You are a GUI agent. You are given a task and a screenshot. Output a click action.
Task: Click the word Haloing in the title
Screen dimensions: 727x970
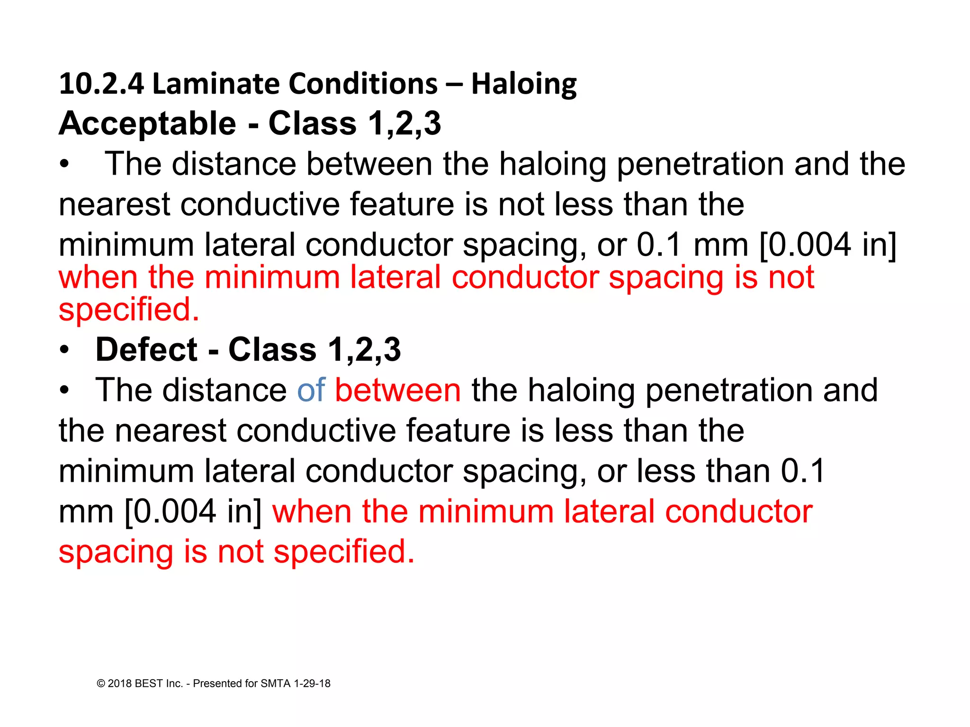point(524,84)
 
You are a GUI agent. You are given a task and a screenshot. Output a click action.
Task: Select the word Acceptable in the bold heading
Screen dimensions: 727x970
point(147,124)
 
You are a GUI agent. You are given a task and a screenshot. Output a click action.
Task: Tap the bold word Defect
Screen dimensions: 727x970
point(146,350)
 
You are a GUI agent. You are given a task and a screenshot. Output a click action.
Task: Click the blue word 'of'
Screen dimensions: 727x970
point(311,390)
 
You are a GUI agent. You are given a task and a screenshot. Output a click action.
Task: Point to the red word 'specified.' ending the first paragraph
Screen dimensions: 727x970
point(129,310)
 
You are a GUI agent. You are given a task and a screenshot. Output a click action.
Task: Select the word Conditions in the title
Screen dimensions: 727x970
point(363,84)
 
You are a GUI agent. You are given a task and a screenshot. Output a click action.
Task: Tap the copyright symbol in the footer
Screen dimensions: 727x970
point(101,683)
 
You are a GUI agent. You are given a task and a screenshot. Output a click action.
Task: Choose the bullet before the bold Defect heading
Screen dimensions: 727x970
point(64,351)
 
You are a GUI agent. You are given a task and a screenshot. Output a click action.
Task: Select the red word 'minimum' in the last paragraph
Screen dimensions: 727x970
point(485,512)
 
